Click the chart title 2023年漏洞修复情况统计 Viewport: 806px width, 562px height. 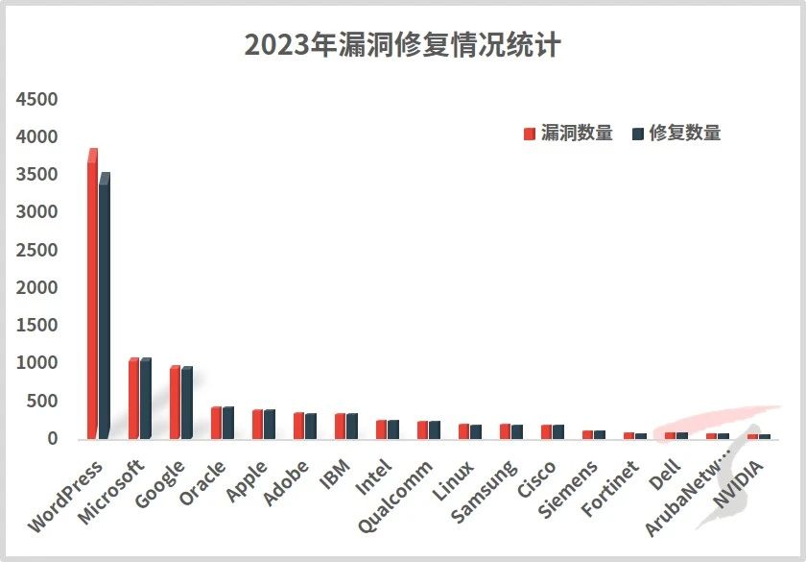[x=402, y=45]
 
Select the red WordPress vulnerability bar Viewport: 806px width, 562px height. [x=92, y=298]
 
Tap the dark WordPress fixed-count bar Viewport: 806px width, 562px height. [x=104, y=307]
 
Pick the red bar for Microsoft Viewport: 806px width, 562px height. [x=133, y=399]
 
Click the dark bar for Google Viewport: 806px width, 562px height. [x=186, y=403]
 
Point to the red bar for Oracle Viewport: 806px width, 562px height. [x=216, y=423]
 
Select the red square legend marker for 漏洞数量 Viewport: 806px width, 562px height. [x=529, y=134]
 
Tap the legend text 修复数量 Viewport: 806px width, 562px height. [x=685, y=134]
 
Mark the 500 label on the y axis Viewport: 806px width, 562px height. [x=43, y=401]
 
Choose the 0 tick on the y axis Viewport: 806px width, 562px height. [x=53, y=439]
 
